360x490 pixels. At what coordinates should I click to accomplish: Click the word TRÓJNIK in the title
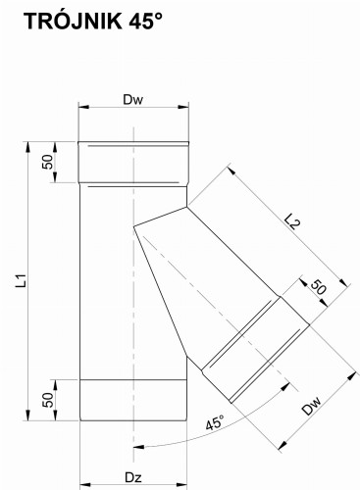tap(73, 21)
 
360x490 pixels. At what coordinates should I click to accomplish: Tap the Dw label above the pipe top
tap(133, 100)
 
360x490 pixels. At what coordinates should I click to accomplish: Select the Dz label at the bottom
tap(133, 477)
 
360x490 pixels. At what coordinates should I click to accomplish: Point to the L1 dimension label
tap(22, 281)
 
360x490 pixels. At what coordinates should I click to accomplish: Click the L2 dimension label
tap(292, 221)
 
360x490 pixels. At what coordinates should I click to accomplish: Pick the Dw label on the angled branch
tap(312, 406)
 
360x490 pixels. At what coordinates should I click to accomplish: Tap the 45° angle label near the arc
tap(215, 422)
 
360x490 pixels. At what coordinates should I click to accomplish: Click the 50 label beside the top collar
tap(48, 162)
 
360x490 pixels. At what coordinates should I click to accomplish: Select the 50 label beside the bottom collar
tap(48, 400)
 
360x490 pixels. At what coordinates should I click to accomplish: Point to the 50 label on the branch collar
tap(318, 287)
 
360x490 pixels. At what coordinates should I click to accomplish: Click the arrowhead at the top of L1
tap(28, 147)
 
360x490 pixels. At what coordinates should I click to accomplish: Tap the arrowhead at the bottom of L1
tap(28, 415)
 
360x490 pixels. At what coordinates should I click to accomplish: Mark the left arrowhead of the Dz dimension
tap(85, 483)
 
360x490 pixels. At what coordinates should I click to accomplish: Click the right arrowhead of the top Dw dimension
tap(183, 107)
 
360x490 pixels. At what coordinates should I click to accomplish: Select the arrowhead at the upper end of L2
tap(231, 171)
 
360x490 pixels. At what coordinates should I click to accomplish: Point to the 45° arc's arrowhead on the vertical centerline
tap(140, 447)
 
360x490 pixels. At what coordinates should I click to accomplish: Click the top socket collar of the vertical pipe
tap(133, 163)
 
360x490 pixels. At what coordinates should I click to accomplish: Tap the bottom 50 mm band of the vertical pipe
tap(133, 400)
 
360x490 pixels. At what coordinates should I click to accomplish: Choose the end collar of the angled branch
tap(255, 350)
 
